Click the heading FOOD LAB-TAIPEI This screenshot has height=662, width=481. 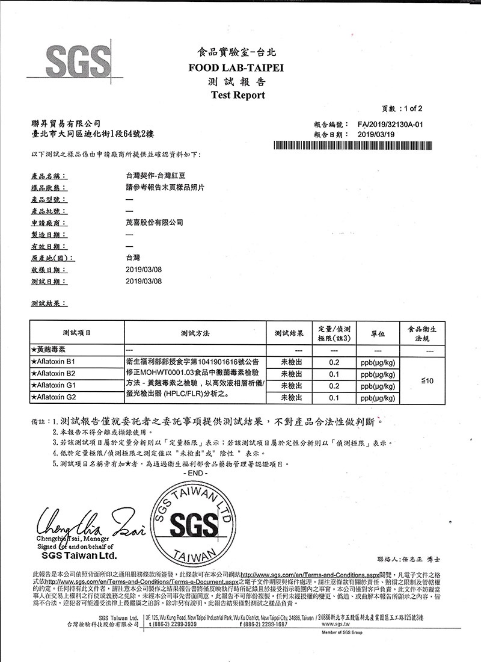(x=240, y=68)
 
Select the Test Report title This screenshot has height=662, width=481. (x=238, y=95)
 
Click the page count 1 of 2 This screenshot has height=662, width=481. (x=411, y=109)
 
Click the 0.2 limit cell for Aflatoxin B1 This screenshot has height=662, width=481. (x=335, y=362)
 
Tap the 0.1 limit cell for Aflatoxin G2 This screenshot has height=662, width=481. (x=335, y=398)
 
